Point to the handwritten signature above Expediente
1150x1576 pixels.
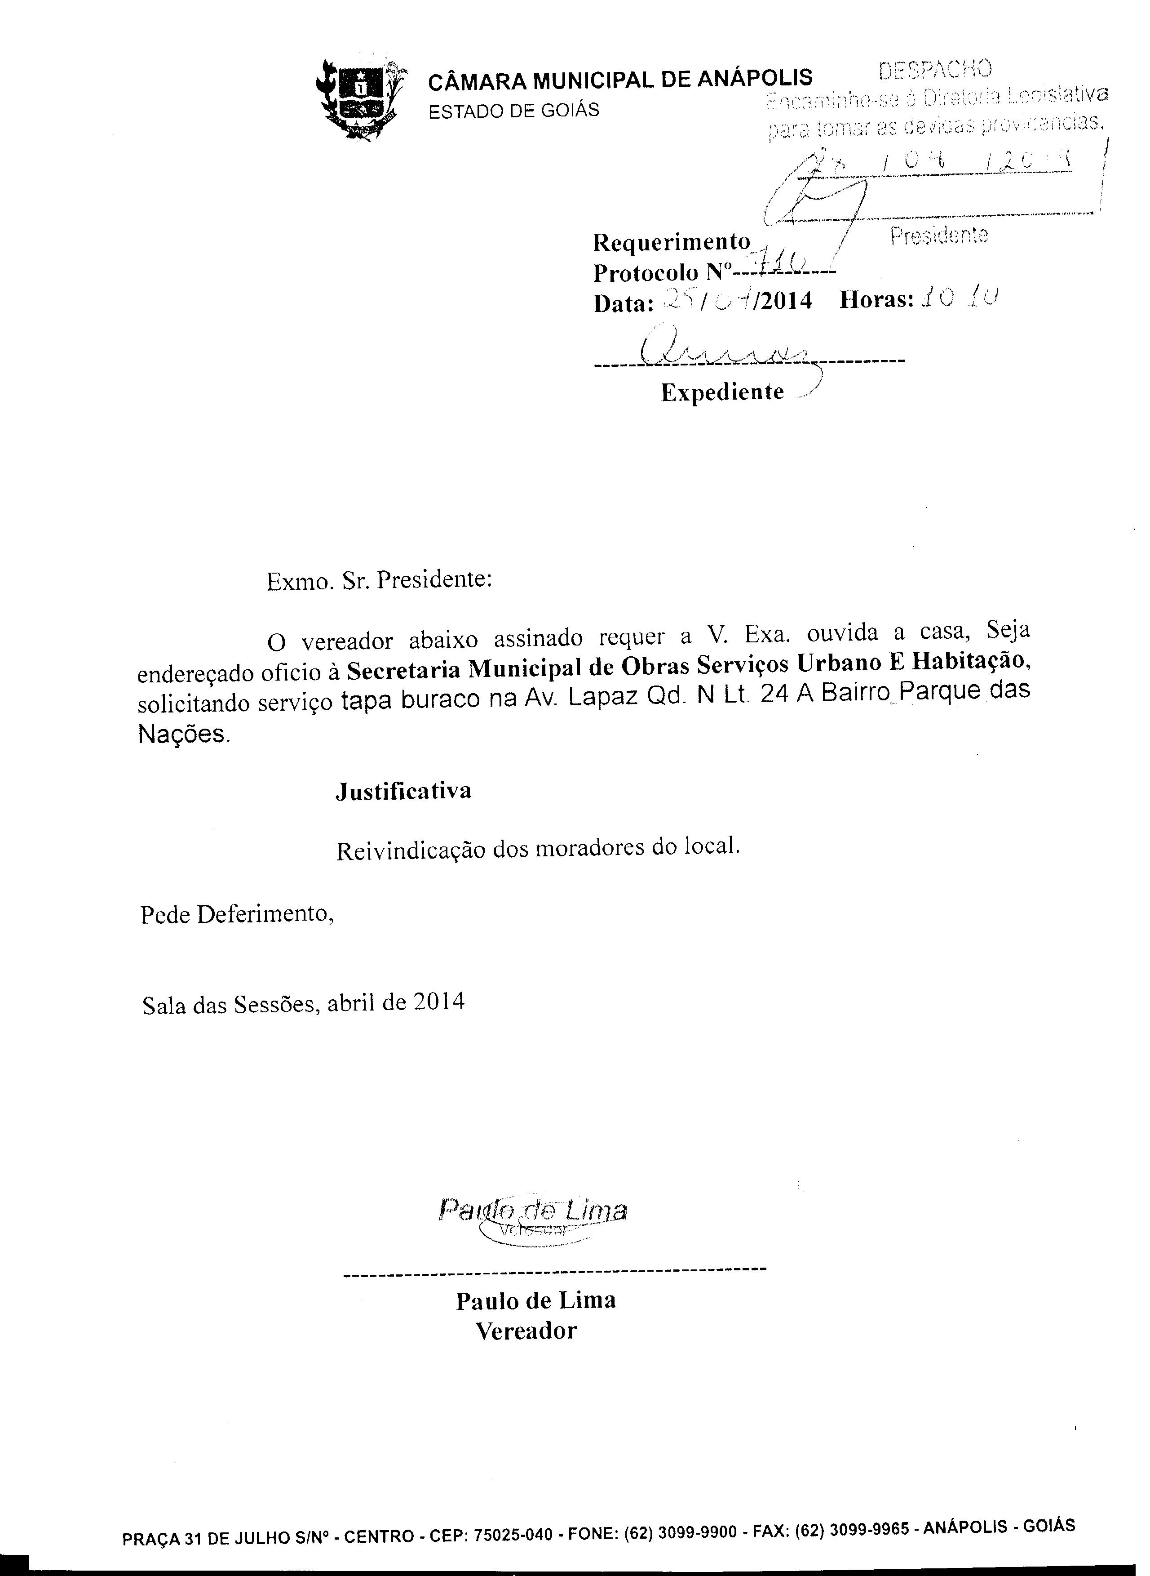click(724, 348)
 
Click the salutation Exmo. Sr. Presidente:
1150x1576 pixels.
click(380, 580)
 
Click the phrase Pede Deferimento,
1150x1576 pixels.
click(237, 914)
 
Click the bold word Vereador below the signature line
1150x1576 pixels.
click(526, 1331)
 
